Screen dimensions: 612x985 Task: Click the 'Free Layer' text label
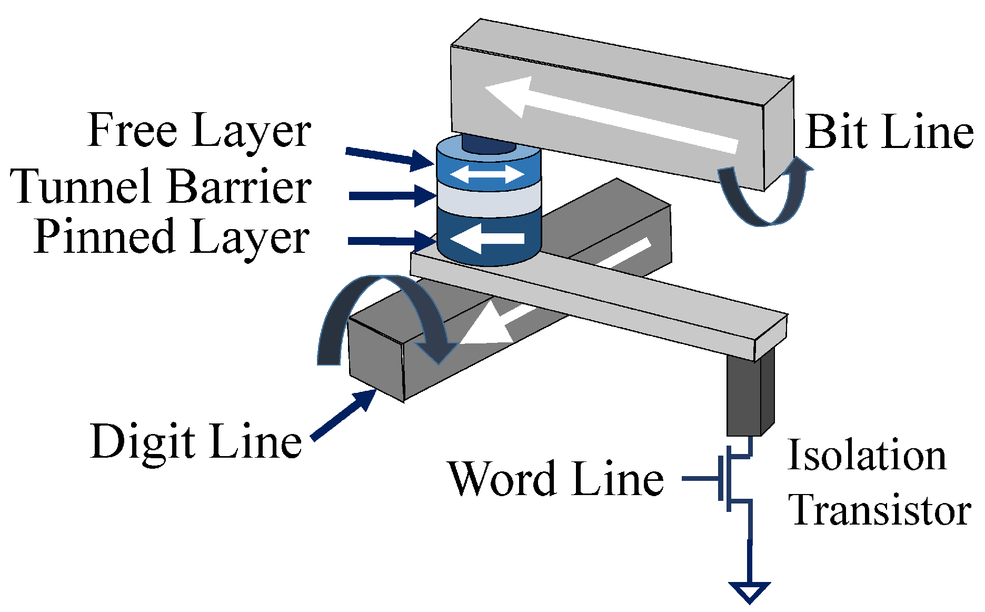pos(199,131)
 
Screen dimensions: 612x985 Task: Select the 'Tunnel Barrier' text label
pos(161,186)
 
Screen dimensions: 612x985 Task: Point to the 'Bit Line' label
pos(889,132)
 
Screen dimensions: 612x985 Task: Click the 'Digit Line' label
pos(196,441)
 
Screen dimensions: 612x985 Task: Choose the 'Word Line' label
pos(555,479)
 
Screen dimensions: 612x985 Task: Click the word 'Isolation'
pos(867,456)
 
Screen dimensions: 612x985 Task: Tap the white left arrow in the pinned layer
pos(487,239)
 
